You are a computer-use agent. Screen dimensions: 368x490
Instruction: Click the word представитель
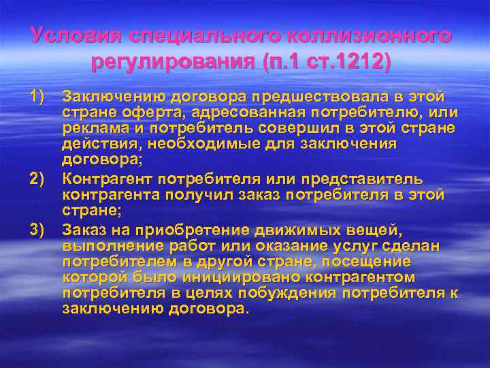pos(367,179)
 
